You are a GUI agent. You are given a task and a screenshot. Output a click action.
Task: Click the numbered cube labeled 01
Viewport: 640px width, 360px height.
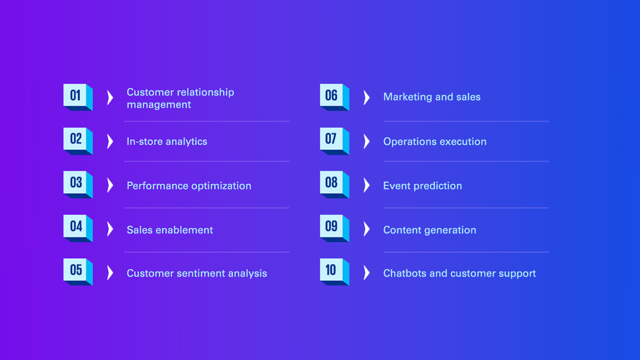pyautogui.click(x=78, y=97)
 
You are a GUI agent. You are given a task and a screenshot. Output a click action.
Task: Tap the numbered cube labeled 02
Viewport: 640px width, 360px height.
pyautogui.click(x=78, y=141)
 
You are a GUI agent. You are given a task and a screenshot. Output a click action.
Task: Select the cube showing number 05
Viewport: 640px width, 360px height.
pyautogui.click(x=78, y=272)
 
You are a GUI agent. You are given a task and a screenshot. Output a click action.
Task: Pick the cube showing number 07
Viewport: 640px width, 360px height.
pyautogui.click(x=334, y=141)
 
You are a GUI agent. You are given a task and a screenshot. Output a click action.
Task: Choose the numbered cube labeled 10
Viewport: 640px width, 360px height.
pyautogui.click(x=334, y=272)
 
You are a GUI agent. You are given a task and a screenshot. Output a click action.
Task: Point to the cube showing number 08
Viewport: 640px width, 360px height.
pyautogui.click(x=334, y=185)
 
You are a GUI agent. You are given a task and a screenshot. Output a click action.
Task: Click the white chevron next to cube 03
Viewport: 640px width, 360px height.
pyautogui.click(x=110, y=185)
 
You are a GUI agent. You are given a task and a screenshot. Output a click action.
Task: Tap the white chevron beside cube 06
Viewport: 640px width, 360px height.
pyautogui.click(x=367, y=98)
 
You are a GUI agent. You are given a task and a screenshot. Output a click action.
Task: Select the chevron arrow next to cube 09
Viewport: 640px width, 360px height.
pyautogui.click(x=367, y=229)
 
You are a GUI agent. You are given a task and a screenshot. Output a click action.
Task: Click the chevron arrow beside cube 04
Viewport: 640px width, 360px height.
pyautogui.click(x=110, y=229)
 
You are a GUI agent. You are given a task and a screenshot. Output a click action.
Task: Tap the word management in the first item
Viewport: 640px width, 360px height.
pyautogui.click(x=159, y=105)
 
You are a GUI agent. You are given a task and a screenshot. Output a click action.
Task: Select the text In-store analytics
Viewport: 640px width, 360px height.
pyautogui.click(x=167, y=141)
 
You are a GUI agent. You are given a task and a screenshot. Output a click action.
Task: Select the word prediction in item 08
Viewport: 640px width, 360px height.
pyautogui.click(x=438, y=186)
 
